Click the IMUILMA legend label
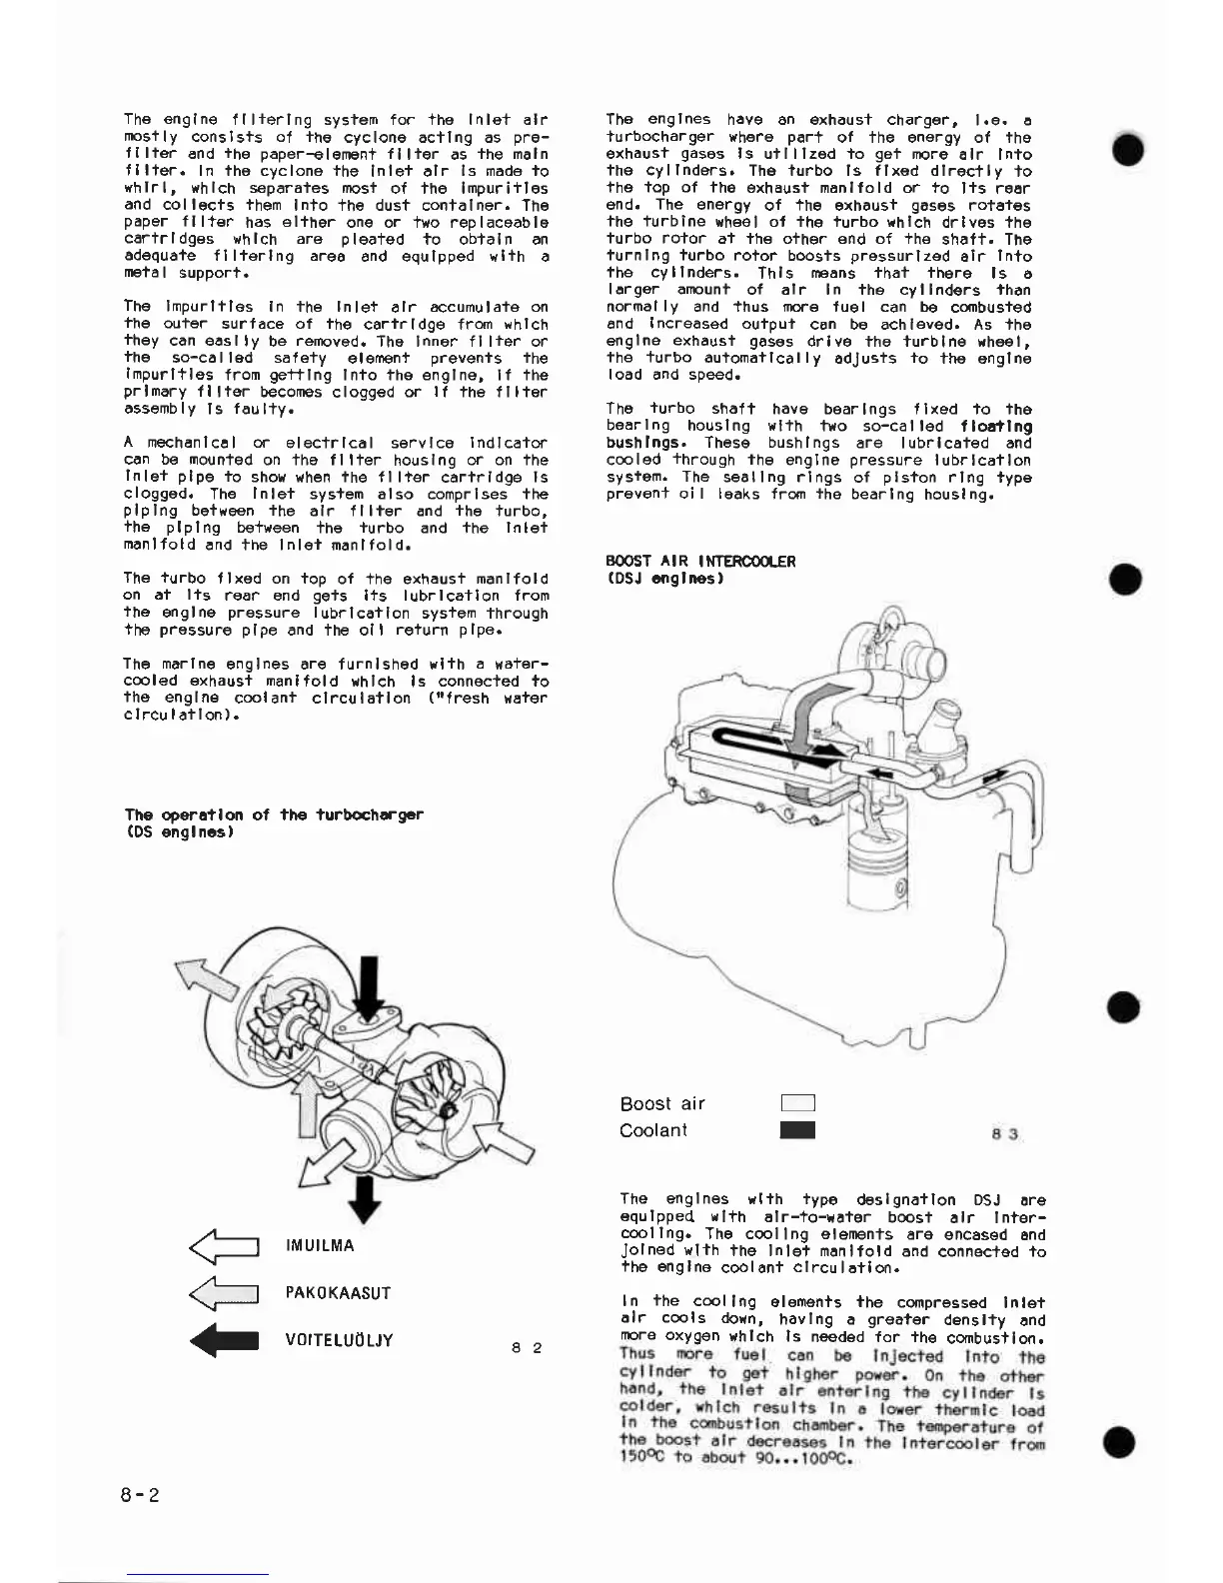point(320,1246)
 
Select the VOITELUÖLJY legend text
point(340,1340)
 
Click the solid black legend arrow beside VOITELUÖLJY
point(225,1340)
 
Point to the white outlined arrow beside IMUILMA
point(225,1246)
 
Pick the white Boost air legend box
point(798,1103)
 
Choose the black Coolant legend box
point(798,1130)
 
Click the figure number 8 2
point(527,1348)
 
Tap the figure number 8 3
point(1005,1134)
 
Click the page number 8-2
point(140,1495)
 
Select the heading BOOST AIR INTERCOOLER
point(700,562)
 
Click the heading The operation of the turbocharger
point(274,814)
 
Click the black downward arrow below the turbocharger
point(367,1196)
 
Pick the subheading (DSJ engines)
point(664,579)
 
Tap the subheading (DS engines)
point(179,831)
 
